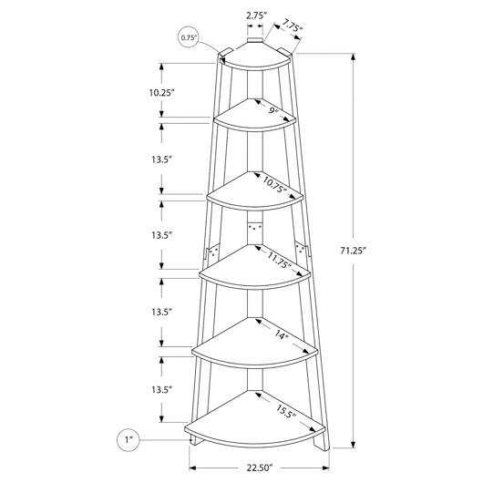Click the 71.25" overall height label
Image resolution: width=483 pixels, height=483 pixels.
click(x=353, y=251)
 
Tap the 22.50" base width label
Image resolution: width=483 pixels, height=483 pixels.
click(x=260, y=468)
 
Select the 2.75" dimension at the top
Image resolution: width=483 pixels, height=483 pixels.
click(x=256, y=15)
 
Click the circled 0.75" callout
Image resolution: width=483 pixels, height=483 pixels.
click(x=189, y=37)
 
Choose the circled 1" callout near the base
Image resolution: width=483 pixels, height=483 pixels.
click(x=128, y=440)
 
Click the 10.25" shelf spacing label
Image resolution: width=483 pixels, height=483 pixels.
click(x=161, y=92)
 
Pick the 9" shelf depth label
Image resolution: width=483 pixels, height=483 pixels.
click(x=272, y=110)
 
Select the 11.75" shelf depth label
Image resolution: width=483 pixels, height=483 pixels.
click(x=279, y=260)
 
